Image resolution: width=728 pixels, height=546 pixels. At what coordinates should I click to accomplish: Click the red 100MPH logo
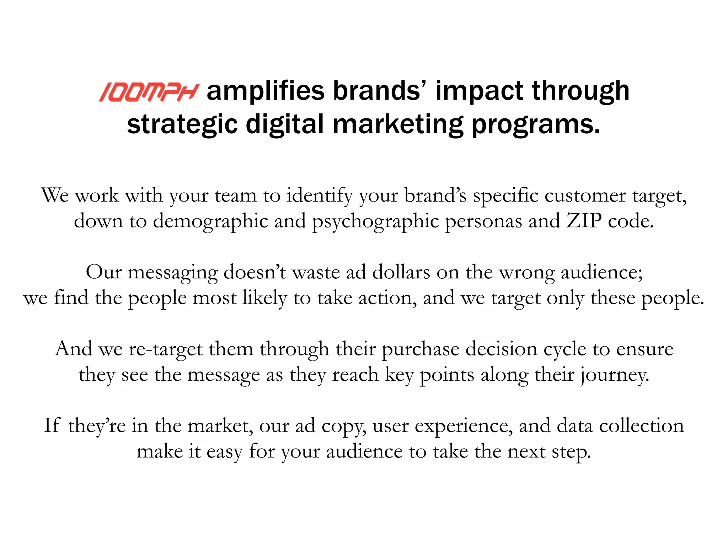point(148,92)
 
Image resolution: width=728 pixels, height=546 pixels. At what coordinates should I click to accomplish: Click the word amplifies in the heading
point(266,91)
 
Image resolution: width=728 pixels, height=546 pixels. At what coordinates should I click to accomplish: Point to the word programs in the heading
point(536,125)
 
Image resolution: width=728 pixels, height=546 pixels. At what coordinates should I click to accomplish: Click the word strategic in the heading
point(182,124)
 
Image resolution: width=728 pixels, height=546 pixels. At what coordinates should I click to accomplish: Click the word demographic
point(210,221)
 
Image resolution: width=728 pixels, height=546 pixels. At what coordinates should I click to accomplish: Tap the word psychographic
point(375,221)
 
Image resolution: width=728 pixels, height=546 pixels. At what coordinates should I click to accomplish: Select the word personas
point(483,221)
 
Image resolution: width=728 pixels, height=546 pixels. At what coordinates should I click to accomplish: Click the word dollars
point(401,272)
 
